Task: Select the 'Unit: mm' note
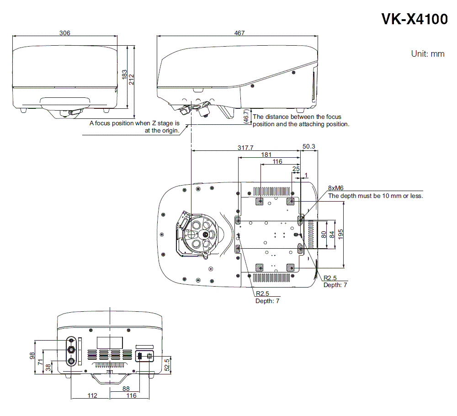point(427,54)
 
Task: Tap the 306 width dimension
point(65,33)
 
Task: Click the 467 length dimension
point(239,33)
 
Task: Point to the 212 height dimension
point(132,80)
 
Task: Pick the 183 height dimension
point(124,74)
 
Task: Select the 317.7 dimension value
point(245,148)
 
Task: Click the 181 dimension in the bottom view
point(266,155)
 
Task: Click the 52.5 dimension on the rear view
point(167,364)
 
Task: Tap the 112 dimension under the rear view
point(92,395)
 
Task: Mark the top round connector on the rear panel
point(72,340)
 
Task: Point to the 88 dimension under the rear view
point(126,389)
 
